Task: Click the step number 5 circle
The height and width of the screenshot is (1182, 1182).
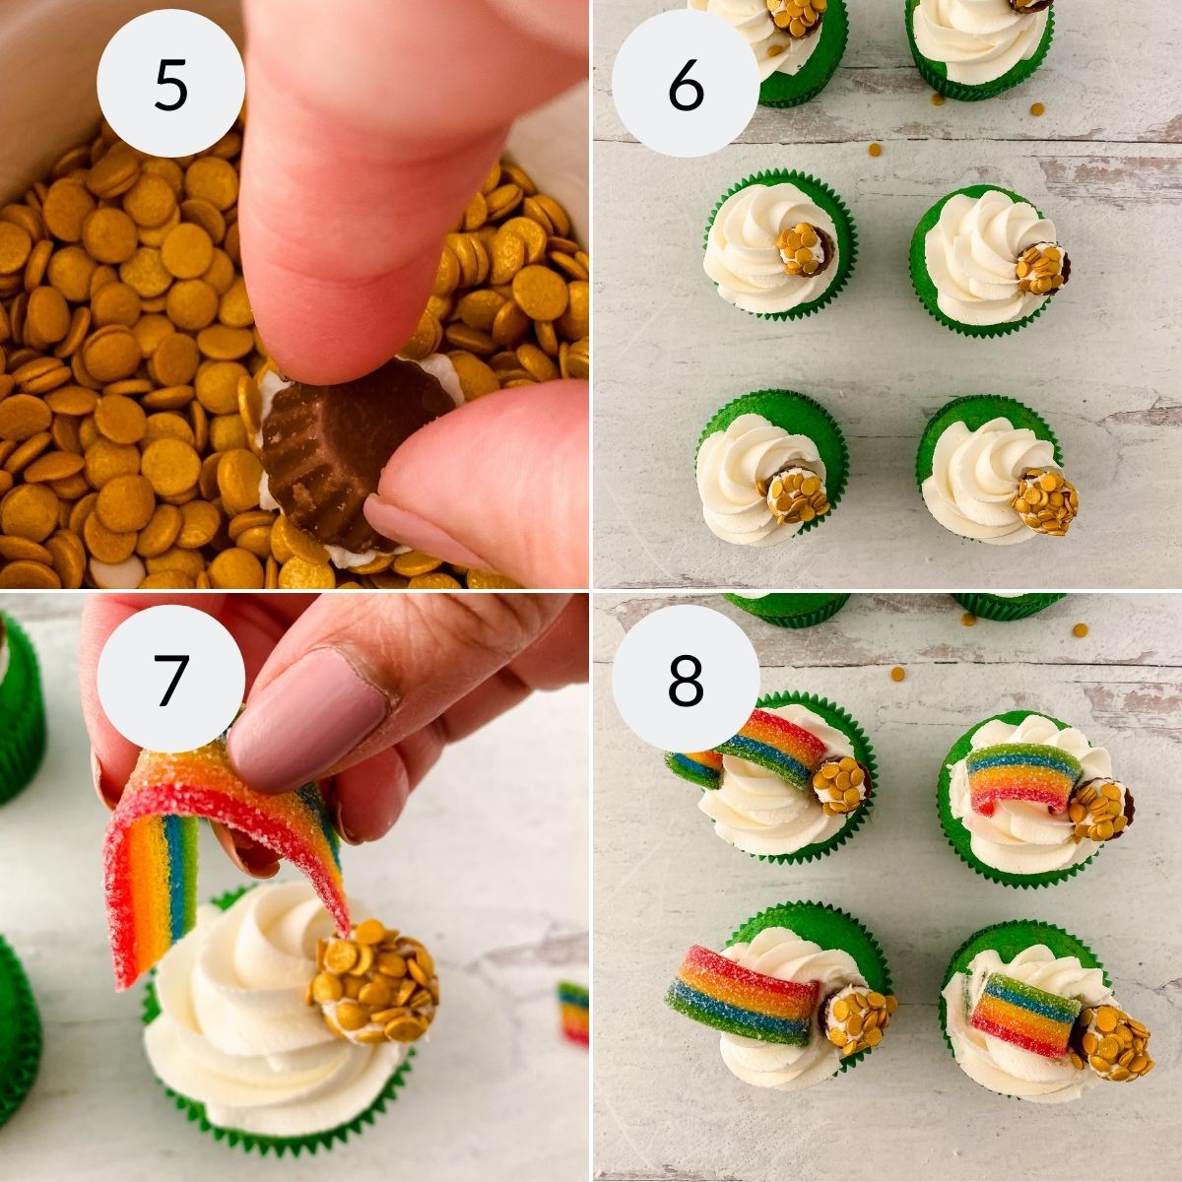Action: click(x=170, y=85)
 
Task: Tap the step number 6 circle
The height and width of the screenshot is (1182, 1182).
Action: click(x=686, y=85)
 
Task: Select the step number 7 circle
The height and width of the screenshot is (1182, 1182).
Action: click(x=170, y=678)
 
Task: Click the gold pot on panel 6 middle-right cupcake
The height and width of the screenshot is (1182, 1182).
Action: click(x=1042, y=267)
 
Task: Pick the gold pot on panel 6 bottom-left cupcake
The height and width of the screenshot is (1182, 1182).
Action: click(x=795, y=495)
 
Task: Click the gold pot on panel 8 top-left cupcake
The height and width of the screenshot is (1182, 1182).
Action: click(x=840, y=784)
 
